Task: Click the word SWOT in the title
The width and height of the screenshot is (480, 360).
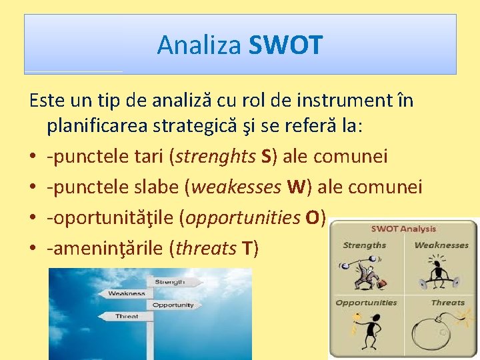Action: point(285,45)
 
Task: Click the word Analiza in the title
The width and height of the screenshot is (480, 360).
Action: point(200,45)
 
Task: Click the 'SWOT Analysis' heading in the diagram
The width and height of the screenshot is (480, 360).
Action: point(403,229)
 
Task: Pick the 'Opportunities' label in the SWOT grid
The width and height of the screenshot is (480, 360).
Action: point(366,303)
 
